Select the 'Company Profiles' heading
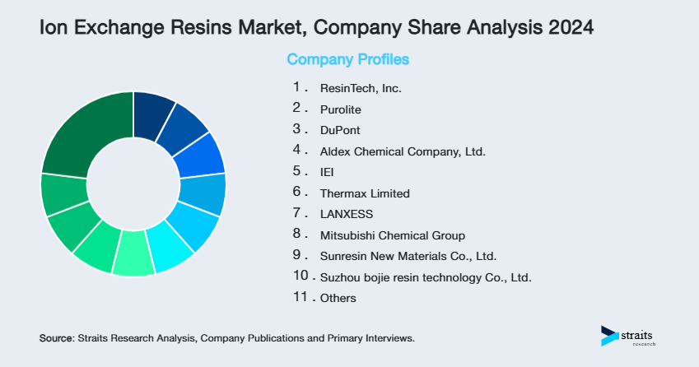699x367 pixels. point(347,59)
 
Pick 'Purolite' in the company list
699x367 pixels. point(340,109)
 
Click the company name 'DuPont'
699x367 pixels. point(339,130)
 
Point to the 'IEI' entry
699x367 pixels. point(327,172)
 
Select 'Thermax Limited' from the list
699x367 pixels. point(364,193)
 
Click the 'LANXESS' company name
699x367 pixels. point(346,214)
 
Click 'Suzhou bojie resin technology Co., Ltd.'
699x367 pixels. point(425,277)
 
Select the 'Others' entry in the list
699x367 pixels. point(338,298)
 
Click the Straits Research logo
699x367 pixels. point(630,337)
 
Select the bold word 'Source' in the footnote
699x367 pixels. point(56,338)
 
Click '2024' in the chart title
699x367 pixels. point(566,27)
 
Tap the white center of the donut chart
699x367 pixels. point(133,183)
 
